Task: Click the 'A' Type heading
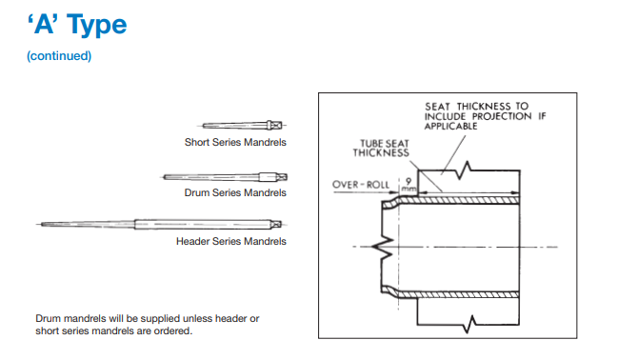(x=77, y=25)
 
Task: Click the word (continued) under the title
(x=59, y=56)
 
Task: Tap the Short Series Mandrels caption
(x=235, y=142)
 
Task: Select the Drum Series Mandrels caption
(x=235, y=192)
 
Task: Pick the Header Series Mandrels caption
(x=231, y=241)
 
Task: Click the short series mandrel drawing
(x=242, y=126)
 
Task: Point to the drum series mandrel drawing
(x=225, y=177)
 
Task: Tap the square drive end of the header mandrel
(x=277, y=225)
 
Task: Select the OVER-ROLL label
(x=361, y=185)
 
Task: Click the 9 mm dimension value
(x=409, y=185)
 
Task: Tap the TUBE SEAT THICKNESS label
(x=381, y=149)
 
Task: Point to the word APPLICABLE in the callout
(x=451, y=126)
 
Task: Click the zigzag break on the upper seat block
(x=463, y=170)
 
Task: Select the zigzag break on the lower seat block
(x=469, y=324)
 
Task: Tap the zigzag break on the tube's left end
(x=382, y=247)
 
